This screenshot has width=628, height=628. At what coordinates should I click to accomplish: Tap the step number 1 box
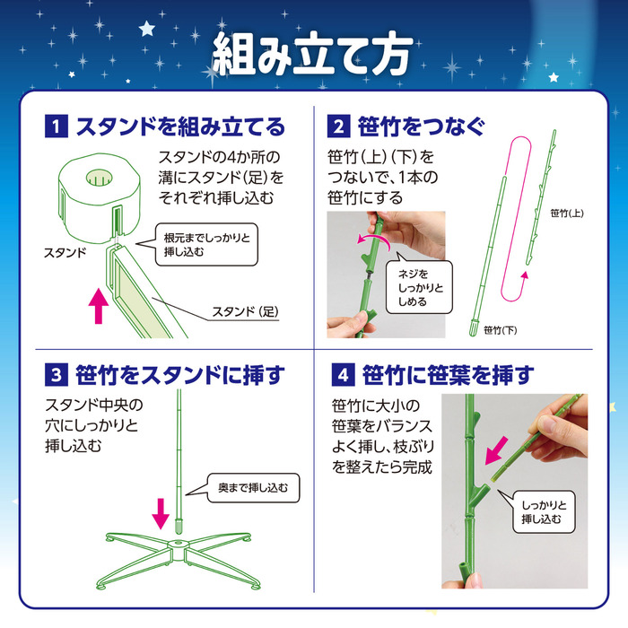56,126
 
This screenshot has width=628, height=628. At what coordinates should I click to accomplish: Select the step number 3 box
56,373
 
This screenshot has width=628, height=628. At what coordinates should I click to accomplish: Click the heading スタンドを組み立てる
179,126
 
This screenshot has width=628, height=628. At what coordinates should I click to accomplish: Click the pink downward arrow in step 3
161,512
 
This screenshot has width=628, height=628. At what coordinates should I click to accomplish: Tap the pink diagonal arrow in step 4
496,449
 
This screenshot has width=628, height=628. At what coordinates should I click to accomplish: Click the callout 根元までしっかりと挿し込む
205,246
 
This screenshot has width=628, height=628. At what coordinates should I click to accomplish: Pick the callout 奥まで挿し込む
250,488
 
